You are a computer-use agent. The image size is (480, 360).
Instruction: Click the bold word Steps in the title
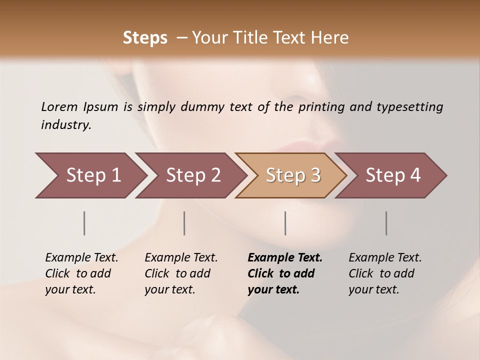pos(145,38)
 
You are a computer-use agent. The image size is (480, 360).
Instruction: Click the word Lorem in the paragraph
pos(59,107)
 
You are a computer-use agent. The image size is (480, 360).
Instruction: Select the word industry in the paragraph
pos(65,125)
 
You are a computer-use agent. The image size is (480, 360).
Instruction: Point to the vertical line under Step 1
pos(84,223)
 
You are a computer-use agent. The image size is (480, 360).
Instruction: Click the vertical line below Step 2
pos(184,223)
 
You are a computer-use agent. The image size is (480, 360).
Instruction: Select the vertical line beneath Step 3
pos(285,223)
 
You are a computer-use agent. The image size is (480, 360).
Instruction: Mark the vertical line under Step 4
pos(386,223)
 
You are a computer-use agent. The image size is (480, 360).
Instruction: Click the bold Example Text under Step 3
pos(285,258)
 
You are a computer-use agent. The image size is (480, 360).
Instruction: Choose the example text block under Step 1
pos(81,273)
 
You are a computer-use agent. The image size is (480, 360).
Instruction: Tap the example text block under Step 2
pos(181,273)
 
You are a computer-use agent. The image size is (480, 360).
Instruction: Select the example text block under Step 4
pos(385,273)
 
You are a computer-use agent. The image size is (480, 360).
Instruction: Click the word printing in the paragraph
pos(321,107)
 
